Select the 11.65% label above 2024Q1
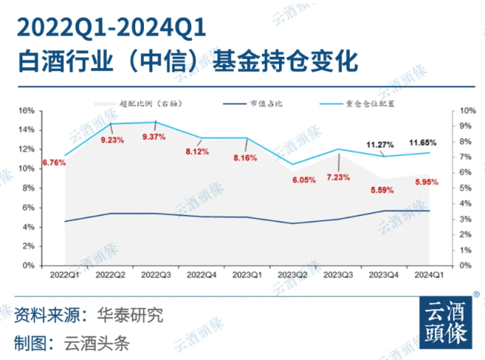coord(423,142)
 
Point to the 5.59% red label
coord(382,190)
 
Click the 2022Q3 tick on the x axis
coord(154,275)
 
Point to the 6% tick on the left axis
coord(27,207)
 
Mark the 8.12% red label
coord(199,151)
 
